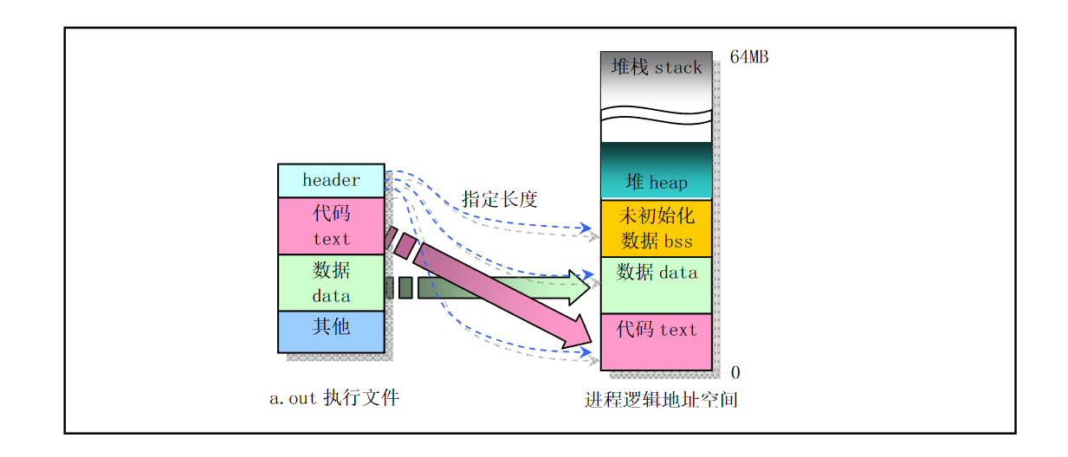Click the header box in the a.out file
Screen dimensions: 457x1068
(x=331, y=180)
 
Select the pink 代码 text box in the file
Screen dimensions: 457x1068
(x=331, y=226)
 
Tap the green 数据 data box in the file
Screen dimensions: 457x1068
(x=331, y=282)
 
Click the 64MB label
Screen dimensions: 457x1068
(x=748, y=58)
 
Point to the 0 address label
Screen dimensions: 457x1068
(x=735, y=373)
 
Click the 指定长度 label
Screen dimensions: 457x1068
(x=500, y=199)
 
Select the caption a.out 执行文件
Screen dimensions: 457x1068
(x=333, y=398)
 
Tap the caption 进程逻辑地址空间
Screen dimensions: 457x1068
(x=660, y=401)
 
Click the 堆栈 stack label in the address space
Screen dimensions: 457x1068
(x=656, y=68)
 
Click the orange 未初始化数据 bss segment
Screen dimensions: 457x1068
(x=656, y=228)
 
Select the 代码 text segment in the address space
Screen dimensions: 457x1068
(x=656, y=341)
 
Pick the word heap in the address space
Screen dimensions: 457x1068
(x=668, y=183)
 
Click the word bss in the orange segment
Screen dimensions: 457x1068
(x=678, y=241)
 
